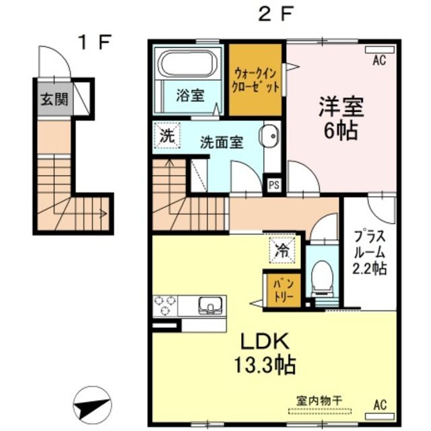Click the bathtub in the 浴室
point(189,64)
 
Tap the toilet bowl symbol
point(322,278)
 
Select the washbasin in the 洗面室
point(269,136)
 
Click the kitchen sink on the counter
point(210,305)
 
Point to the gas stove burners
point(165,305)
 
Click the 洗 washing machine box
point(167,136)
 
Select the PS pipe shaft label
point(274,185)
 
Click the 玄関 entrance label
point(55,99)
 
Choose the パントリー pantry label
point(284,290)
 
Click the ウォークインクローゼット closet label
point(256,80)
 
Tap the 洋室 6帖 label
point(341,119)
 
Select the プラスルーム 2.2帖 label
point(370,253)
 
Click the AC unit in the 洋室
point(380,49)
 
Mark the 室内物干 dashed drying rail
point(320,411)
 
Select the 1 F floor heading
point(95,42)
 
